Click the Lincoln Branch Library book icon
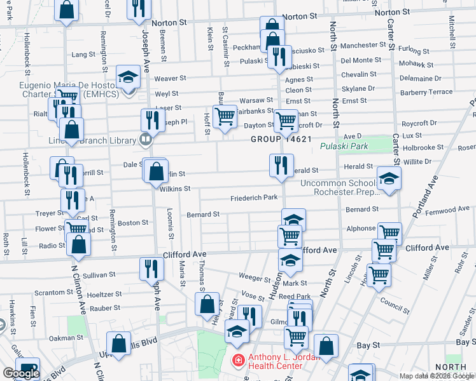pyautogui.click(x=146, y=139)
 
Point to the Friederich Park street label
pyautogui.click(x=254, y=197)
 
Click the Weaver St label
pyautogui.click(x=170, y=78)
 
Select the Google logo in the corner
pyautogui.click(x=20, y=373)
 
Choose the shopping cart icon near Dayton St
pyautogui.click(x=286, y=120)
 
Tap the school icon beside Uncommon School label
pyautogui.click(x=389, y=179)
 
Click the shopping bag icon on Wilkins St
pyautogui.click(x=156, y=171)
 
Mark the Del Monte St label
pyautogui.click(x=361, y=60)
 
